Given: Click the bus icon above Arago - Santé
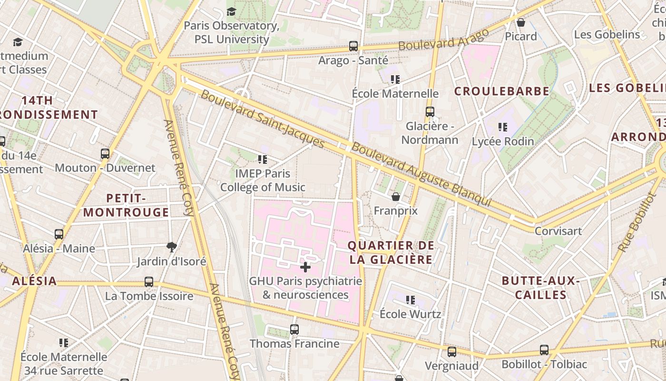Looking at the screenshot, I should [x=353, y=46].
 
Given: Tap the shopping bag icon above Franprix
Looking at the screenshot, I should [x=395, y=197].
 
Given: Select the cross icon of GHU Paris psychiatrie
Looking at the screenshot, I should [x=305, y=267].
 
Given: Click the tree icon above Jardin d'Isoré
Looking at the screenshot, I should [x=172, y=247].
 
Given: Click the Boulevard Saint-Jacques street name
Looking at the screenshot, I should [x=263, y=118].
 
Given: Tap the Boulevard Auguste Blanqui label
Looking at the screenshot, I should [x=421, y=174].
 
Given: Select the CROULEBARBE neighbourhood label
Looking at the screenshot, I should [x=502, y=91].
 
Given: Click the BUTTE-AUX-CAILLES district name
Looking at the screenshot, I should [x=541, y=288].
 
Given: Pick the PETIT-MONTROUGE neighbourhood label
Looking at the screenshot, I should [x=126, y=205].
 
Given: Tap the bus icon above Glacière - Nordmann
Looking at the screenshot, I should [x=430, y=112].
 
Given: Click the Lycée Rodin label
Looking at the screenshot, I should [x=503, y=141].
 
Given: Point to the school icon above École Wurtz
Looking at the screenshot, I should [x=411, y=300].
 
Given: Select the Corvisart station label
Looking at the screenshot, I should [x=558, y=231].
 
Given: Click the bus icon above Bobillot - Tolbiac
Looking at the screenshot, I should [x=544, y=350].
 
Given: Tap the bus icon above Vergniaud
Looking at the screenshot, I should [x=452, y=352].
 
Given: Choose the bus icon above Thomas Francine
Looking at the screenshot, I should [x=294, y=329].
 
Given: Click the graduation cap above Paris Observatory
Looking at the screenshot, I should [x=231, y=11].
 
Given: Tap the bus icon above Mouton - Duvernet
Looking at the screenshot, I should [x=105, y=154].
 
